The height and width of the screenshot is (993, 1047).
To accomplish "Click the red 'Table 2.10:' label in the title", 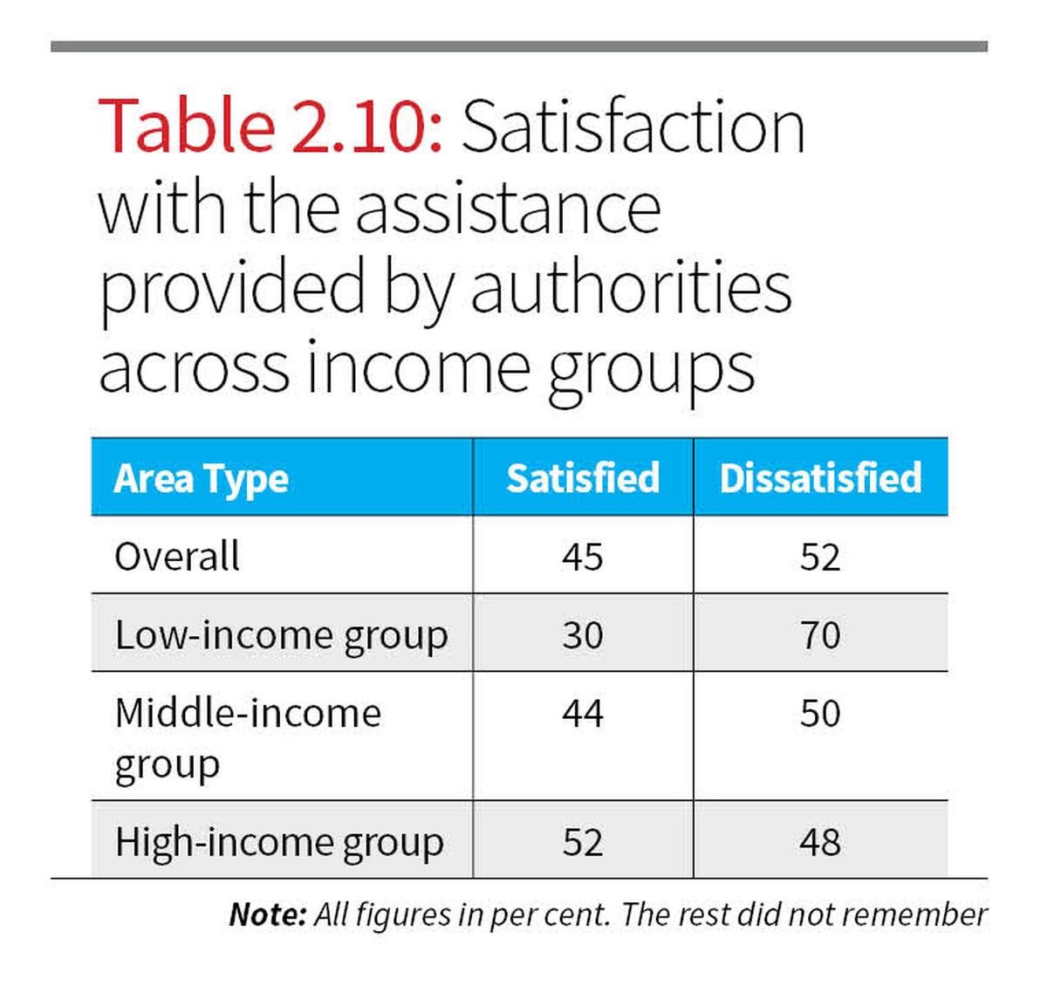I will [x=271, y=127].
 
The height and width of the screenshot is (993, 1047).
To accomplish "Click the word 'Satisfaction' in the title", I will [x=633, y=127].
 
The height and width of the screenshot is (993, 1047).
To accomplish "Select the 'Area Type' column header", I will [x=201, y=478].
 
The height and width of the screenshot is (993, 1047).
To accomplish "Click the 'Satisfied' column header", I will [x=583, y=478].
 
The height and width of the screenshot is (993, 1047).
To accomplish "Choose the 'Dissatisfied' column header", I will [x=820, y=478].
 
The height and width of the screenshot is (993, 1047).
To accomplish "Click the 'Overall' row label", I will [x=177, y=557].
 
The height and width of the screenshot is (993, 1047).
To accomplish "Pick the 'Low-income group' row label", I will [x=281, y=635].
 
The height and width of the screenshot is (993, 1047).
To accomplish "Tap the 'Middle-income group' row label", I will [x=248, y=737].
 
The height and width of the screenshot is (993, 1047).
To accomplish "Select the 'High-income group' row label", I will [x=279, y=842].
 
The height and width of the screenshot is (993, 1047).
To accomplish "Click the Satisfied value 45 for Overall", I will [x=583, y=557].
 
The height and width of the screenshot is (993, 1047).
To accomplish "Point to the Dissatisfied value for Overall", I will [x=820, y=557].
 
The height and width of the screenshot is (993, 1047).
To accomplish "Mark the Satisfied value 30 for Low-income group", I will [x=583, y=635].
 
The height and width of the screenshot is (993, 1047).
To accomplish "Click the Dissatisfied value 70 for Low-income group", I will [x=820, y=635].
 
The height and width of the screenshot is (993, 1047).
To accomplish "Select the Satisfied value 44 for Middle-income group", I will [x=583, y=714].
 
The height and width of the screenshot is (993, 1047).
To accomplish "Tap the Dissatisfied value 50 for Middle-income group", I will [x=820, y=714].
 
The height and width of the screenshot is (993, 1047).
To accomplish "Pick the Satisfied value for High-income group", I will [x=583, y=842].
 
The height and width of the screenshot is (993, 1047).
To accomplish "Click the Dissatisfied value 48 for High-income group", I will [x=820, y=842].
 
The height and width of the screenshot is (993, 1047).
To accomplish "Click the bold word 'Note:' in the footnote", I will [x=267, y=914].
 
